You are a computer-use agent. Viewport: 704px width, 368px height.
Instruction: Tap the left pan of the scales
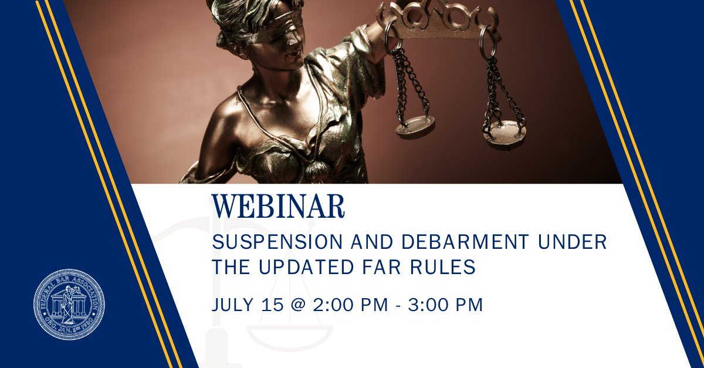click(415, 126)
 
